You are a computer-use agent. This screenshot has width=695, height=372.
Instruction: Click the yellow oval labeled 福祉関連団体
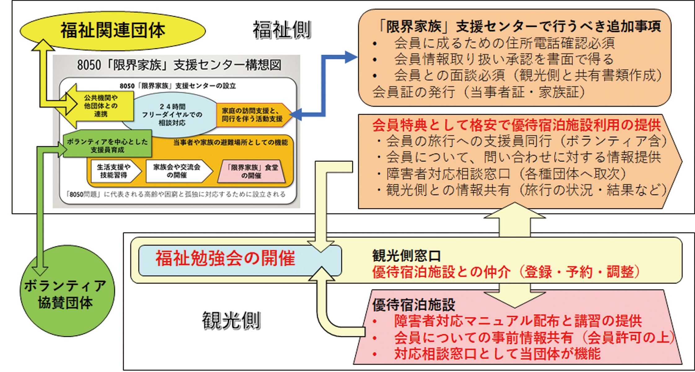pos(113,30)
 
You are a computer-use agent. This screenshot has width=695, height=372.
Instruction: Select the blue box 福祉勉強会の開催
pos(226,259)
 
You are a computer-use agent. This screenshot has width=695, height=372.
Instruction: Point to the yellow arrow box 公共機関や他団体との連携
pos(101,106)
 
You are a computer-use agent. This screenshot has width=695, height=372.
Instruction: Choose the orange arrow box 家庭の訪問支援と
pos(252,115)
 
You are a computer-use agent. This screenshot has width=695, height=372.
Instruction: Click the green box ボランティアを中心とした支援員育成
pos(107,145)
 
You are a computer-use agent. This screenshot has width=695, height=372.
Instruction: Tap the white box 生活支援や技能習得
pos(114,171)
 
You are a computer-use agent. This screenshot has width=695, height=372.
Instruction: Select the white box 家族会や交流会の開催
pos(177,171)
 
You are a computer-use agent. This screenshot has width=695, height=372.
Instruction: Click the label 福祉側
pos(282,30)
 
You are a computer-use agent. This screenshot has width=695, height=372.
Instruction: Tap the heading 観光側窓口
pos(407,256)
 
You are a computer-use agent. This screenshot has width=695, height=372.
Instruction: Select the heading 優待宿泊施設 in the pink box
pos(414,305)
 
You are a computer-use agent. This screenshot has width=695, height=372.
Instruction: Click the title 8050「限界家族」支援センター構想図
pos(179,65)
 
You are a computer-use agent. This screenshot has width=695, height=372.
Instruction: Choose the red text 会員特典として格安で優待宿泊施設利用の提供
pos(517,125)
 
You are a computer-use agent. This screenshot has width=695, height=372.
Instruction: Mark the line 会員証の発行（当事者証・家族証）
pos(479,92)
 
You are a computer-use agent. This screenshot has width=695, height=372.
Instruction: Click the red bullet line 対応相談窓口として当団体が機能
pos(497,353)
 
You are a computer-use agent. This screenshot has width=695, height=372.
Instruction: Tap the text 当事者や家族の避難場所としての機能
pos(231,142)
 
